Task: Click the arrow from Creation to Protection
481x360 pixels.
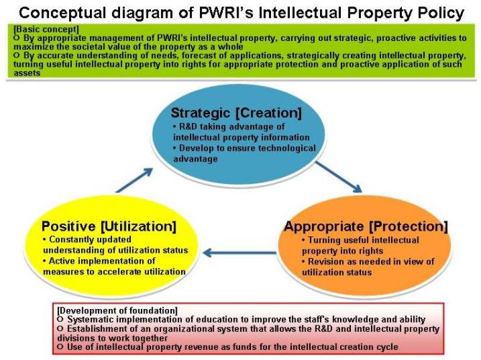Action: (x=339, y=177)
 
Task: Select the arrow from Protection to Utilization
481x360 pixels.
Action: (x=239, y=253)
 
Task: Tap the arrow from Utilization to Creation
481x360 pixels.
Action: (x=134, y=180)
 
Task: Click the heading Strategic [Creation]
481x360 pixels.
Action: (x=237, y=113)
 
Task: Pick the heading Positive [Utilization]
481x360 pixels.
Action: (x=109, y=226)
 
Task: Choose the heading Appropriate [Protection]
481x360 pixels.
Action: (x=366, y=226)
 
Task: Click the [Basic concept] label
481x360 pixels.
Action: (x=46, y=29)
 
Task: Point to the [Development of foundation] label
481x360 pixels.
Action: (x=117, y=310)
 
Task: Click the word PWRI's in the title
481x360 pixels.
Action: (x=227, y=13)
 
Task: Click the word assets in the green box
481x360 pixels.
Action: (x=27, y=73)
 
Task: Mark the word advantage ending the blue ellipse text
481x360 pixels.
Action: (x=196, y=159)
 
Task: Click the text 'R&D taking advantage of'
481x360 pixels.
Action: (x=229, y=126)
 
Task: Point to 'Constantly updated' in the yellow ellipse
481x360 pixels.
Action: (x=87, y=239)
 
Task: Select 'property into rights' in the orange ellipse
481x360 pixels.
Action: (x=343, y=251)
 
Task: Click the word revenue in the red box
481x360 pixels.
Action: (x=206, y=347)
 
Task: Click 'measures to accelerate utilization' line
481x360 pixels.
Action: (x=114, y=272)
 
